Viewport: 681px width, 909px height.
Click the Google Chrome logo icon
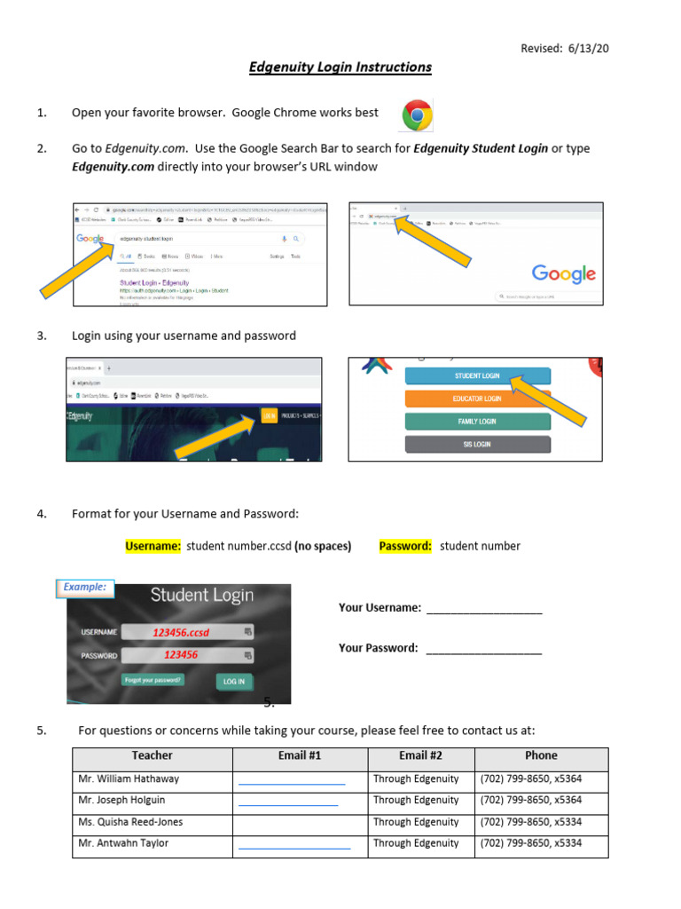click(x=417, y=115)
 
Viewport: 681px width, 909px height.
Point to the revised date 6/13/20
click(x=565, y=49)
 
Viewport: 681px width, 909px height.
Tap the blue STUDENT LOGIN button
click(x=477, y=376)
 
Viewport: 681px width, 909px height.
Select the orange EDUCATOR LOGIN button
click(x=477, y=399)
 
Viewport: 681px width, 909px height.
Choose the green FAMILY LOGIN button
click(x=477, y=422)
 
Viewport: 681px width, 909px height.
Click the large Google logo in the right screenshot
click(x=563, y=273)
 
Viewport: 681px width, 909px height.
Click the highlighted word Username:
click(x=153, y=546)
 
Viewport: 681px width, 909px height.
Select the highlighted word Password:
click(x=405, y=546)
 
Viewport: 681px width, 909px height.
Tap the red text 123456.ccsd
click(x=181, y=633)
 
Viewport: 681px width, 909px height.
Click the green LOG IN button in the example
click(x=233, y=682)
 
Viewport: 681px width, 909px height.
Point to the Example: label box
click(x=85, y=587)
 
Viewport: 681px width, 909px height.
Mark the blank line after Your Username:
click(x=484, y=609)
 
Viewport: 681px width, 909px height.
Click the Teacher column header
click(x=153, y=756)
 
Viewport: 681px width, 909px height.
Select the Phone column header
click(x=541, y=756)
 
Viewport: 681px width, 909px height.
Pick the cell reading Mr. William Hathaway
click(x=129, y=779)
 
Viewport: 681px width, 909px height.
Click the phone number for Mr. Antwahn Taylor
click(x=530, y=843)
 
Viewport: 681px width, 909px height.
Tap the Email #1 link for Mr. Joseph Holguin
click(x=288, y=802)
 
